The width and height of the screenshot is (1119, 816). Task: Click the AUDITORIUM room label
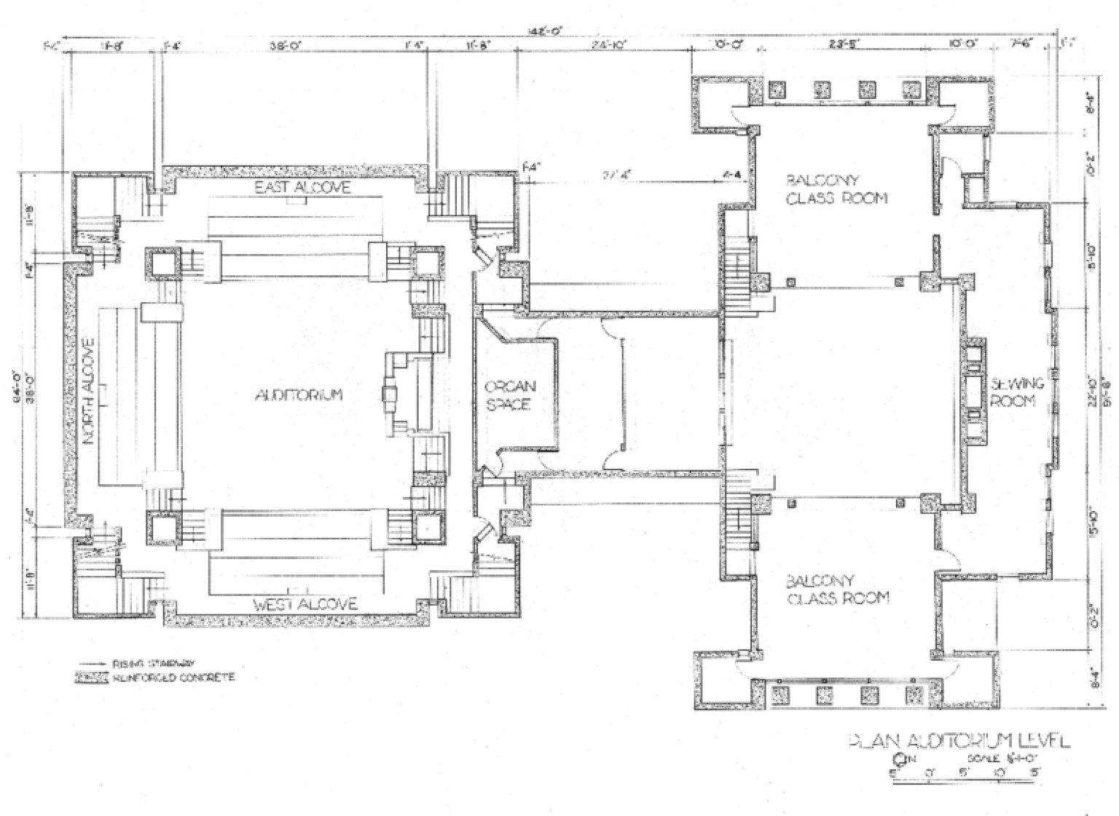coord(298,395)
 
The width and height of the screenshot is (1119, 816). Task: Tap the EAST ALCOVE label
coord(302,188)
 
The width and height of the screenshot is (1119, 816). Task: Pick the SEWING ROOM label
coord(1017,392)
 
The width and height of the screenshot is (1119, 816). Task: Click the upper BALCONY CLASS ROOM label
coord(836,189)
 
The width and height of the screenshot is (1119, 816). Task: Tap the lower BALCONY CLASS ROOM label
coord(837,590)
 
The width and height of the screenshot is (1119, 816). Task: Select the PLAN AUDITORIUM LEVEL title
coord(959,741)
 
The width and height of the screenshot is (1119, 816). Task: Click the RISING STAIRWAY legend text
coord(153,664)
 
